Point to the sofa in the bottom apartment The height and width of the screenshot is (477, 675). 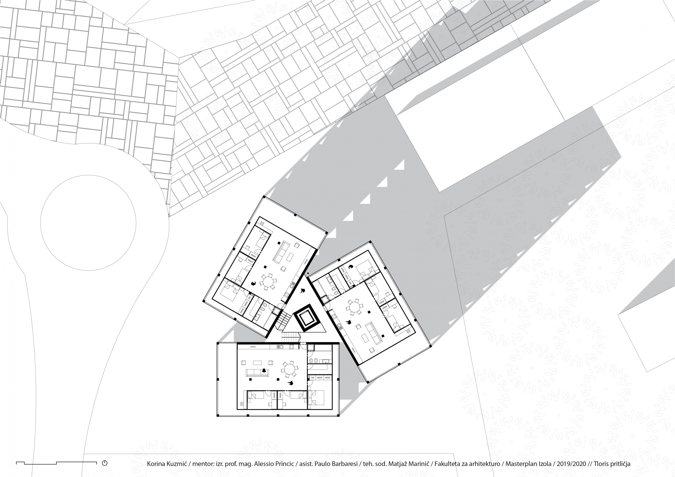257,372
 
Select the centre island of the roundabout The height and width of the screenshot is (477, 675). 88,223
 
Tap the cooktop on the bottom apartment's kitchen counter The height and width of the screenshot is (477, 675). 291,347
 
